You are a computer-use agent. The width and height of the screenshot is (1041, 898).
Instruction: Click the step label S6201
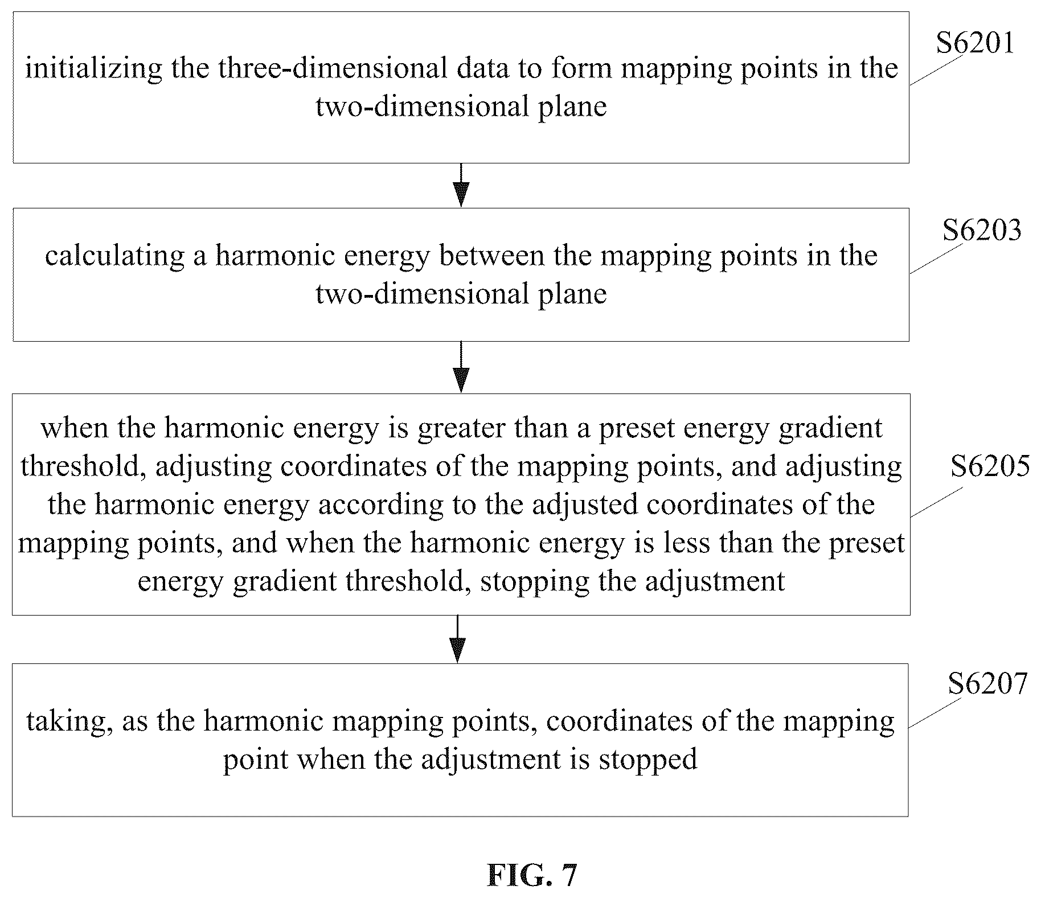[976, 43]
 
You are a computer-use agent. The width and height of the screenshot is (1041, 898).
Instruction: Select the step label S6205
[990, 466]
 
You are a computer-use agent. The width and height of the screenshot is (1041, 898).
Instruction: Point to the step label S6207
[987, 683]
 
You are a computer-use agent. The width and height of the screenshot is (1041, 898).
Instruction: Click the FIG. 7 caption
[532, 875]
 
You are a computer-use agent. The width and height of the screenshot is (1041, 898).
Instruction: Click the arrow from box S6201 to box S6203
[461, 185]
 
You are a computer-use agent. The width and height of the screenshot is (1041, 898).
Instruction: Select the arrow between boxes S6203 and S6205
[461, 367]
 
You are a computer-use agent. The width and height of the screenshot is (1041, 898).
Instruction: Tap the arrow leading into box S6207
[457, 639]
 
